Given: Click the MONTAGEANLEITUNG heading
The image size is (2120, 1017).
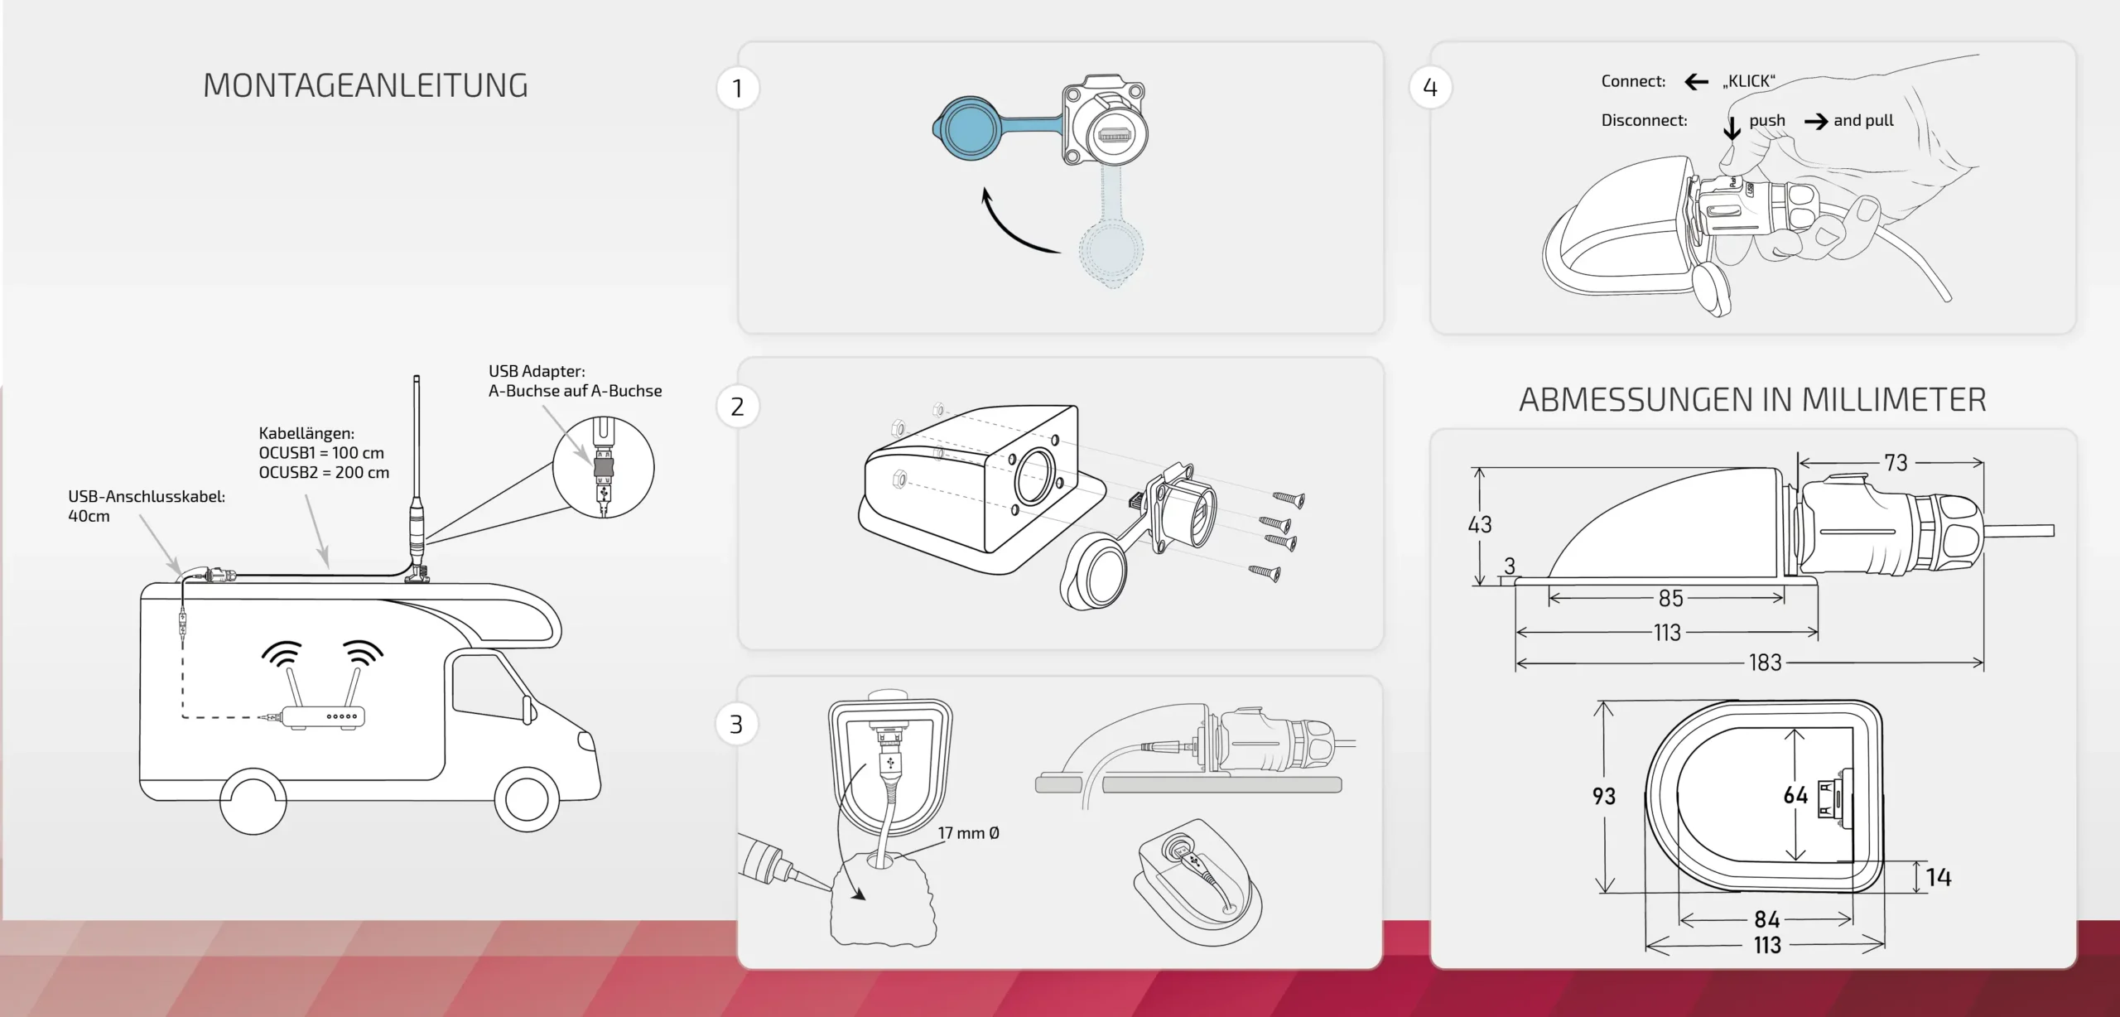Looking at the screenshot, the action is pos(365,86).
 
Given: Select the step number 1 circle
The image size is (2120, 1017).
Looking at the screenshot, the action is pos(738,88).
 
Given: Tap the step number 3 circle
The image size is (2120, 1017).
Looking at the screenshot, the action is pos(736,725).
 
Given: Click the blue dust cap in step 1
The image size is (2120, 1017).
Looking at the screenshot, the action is pos(971,129).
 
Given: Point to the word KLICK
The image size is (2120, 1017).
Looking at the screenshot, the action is pos(1749,81).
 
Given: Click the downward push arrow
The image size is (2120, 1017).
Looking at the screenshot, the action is pos(1732,128).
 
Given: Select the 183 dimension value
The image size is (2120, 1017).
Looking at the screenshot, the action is pos(1765,663).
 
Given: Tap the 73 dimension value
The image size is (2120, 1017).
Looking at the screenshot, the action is pos(1896,463).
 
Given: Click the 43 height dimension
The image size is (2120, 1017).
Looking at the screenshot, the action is pos(1480,524).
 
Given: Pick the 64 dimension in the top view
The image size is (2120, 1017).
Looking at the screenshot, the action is pos(1795,796).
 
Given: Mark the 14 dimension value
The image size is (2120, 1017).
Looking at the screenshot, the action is pos(1939,878).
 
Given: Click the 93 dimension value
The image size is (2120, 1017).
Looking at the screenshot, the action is pos(1604,796).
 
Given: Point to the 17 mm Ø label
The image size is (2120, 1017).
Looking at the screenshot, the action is pos(968,833).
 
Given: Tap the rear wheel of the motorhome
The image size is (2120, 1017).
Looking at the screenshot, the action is pos(253,801).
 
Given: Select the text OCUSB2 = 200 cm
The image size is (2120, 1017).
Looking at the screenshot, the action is pos(324,472).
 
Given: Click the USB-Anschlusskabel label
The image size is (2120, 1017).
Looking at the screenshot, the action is pos(147,497).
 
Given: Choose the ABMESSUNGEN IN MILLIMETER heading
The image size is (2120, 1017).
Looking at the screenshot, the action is pos(1752,400).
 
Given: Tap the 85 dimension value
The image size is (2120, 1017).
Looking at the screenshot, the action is pos(1670,598).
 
